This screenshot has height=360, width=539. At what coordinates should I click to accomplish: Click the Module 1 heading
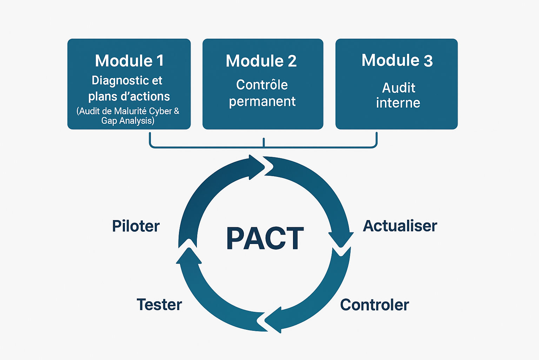coord(129,61)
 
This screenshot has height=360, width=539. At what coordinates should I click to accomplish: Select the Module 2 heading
coord(261,61)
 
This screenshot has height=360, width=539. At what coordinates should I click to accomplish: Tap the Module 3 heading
coord(397,60)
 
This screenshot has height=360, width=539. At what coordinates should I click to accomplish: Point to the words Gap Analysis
coord(127,121)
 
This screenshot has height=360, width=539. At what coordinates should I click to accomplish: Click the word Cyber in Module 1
coord(160,111)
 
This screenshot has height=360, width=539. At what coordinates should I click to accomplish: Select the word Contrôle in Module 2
coord(262,85)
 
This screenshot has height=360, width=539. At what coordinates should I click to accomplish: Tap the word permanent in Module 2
coord(262,102)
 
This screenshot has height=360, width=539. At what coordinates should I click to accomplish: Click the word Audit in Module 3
coord(399,88)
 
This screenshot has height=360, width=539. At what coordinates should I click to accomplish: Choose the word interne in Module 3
coord(398,103)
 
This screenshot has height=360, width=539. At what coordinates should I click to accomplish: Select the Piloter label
coord(136,226)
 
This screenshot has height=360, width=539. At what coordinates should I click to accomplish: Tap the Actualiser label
coord(400,226)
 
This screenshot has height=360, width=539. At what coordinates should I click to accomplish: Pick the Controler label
coord(374,305)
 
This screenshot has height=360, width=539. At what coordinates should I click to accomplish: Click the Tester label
coord(159,304)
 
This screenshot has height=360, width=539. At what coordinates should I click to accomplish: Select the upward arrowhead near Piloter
coord(189,255)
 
